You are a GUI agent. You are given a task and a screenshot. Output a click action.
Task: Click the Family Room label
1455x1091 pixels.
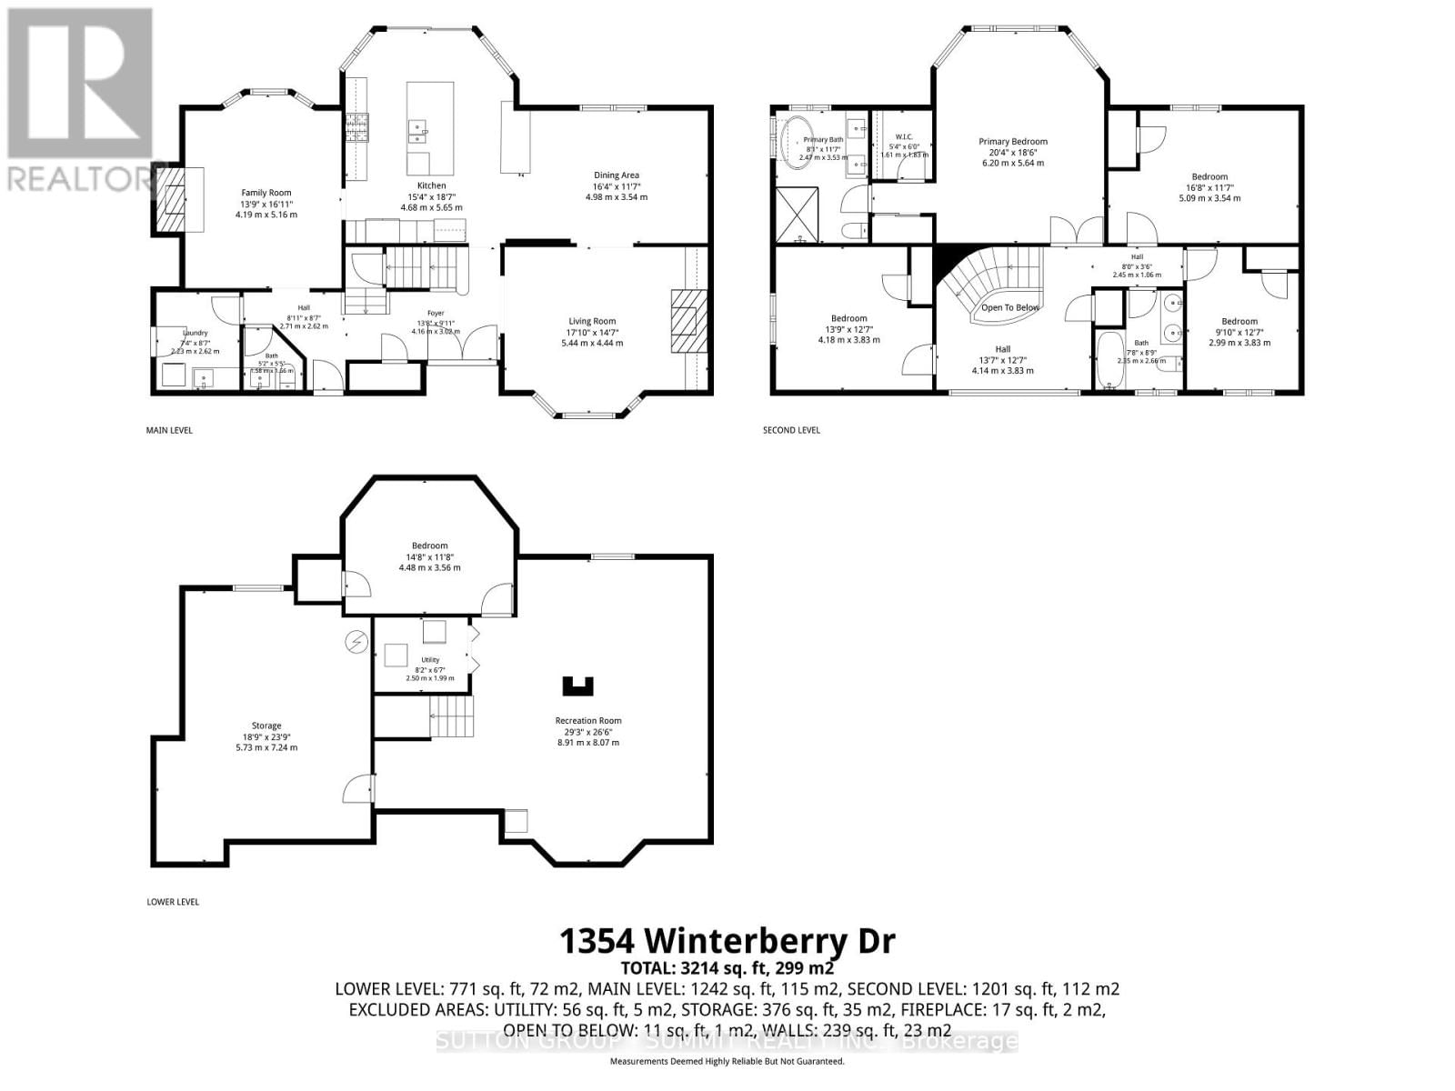(x=266, y=193)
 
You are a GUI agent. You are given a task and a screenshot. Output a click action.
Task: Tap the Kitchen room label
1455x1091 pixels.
(x=431, y=185)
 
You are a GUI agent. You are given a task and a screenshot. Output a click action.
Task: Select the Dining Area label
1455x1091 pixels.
(x=616, y=175)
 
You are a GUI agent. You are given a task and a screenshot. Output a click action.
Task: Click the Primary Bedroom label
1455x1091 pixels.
(x=1012, y=142)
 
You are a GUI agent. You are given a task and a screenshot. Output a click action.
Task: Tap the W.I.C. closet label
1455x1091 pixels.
(x=903, y=137)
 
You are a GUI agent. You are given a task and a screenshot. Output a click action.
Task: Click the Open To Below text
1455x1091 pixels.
(x=1009, y=307)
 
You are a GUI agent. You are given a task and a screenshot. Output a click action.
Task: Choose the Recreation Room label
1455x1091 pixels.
(x=587, y=721)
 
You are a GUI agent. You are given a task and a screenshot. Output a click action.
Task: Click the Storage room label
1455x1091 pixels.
(x=266, y=726)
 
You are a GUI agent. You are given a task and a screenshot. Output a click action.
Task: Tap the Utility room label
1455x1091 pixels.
(x=429, y=660)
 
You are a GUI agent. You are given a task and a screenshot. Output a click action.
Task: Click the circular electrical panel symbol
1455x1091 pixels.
(x=356, y=642)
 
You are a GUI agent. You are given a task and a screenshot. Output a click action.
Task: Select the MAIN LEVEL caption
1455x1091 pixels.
(x=169, y=430)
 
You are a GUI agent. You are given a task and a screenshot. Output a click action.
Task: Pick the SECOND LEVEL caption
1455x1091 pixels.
(x=790, y=430)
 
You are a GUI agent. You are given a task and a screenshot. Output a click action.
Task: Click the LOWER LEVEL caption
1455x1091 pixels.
(x=172, y=902)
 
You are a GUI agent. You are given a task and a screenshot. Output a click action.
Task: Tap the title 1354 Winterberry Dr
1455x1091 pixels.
(x=727, y=941)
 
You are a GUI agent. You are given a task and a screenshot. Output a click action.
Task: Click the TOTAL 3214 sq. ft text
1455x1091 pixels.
(x=727, y=967)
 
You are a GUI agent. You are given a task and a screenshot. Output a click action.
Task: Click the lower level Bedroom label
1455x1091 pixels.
(x=429, y=545)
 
